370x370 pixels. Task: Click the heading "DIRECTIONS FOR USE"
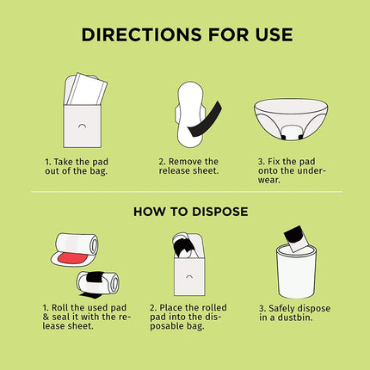click(x=188, y=34)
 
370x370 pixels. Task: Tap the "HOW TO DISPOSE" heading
click(x=191, y=212)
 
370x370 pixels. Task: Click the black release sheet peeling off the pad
click(x=206, y=120)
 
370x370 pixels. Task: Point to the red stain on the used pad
click(x=72, y=259)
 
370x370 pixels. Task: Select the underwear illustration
click(x=291, y=119)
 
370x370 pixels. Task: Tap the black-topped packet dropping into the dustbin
click(x=296, y=238)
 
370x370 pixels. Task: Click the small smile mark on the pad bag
click(x=82, y=126)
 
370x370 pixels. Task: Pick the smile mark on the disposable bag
click(x=189, y=276)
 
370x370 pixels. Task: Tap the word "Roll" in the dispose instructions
click(x=60, y=308)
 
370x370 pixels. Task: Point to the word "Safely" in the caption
click(x=282, y=309)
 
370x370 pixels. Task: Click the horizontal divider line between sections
click(x=187, y=191)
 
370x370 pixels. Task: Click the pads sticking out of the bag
click(x=85, y=89)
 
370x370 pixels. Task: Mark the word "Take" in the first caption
click(x=63, y=162)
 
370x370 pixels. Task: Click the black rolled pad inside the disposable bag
click(x=183, y=245)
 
